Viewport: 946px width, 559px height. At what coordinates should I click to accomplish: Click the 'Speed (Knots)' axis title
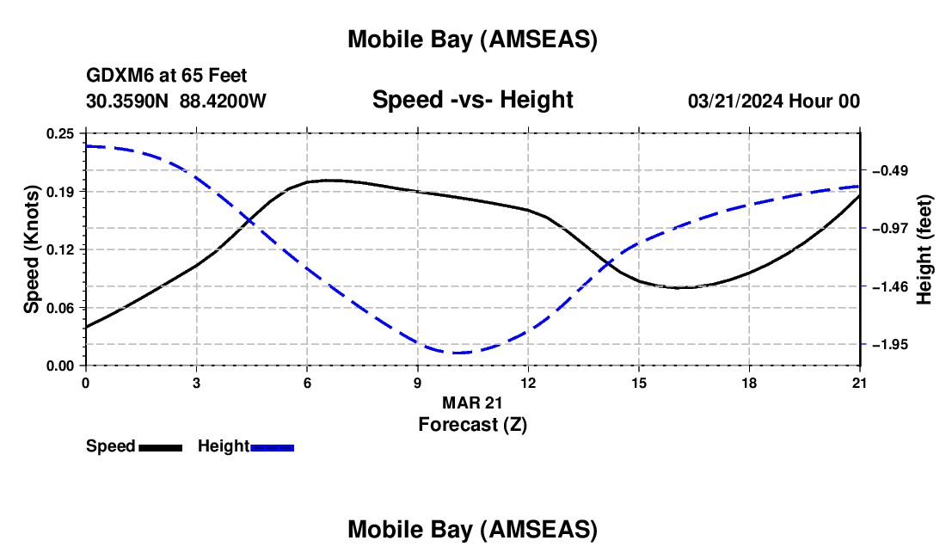[32, 249]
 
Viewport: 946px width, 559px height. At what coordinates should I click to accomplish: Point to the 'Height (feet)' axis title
[925, 249]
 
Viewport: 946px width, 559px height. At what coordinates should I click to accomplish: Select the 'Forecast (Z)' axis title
[472, 424]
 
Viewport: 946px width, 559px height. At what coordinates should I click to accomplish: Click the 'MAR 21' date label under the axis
[472, 402]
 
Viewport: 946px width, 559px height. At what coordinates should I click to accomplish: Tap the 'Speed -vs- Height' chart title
[472, 100]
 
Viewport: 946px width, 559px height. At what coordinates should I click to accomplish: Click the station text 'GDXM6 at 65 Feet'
[167, 77]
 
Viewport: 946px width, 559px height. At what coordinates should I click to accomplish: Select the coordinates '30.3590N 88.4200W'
[176, 101]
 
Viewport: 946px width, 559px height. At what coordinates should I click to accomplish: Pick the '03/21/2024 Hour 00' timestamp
[774, 101]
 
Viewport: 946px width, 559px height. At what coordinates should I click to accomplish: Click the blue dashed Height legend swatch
[273, 447]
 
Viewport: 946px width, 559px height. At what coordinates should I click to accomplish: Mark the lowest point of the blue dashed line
[456, 353]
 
